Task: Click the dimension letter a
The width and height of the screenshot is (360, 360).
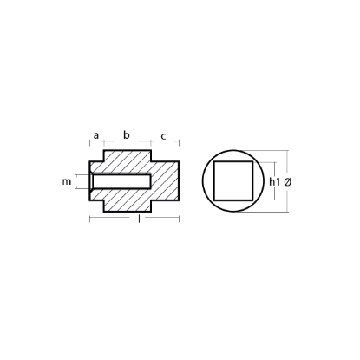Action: point(96,135)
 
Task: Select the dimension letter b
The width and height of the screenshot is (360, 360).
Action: point(126,134)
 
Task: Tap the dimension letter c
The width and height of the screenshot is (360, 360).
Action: point(163,135)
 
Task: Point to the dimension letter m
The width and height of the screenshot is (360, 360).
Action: point(67,182)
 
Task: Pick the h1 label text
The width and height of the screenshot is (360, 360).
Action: point(275,182)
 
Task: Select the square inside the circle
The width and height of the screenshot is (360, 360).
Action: point(232,181)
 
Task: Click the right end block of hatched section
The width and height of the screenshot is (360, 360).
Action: point(167,182)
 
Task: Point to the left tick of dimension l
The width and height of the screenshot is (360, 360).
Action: point(91,217)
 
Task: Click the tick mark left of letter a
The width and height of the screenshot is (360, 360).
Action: point(91,139)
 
